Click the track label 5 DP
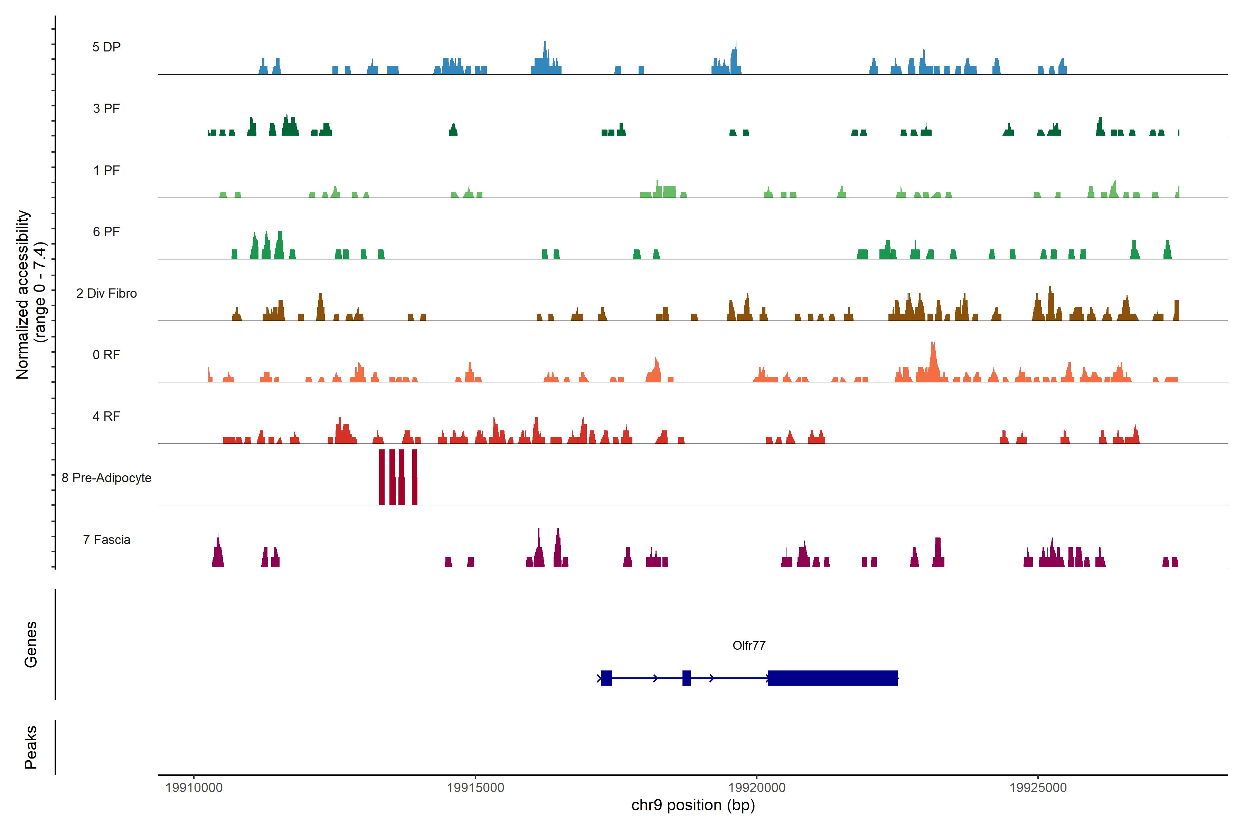[x=106, y=47]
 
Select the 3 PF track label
[x=106, y=108]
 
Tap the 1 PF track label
[x=106, y=170]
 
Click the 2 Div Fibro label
[x=106, y=293]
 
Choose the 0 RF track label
[x=106, y=355]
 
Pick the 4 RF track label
[x=106, y=416]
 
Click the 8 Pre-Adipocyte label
[x=106, y=478]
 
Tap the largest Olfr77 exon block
[x=832, y=678]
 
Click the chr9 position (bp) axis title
[x=693, y=805]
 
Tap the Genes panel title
[x=31, y=645]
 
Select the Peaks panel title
[x=31, y=747]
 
